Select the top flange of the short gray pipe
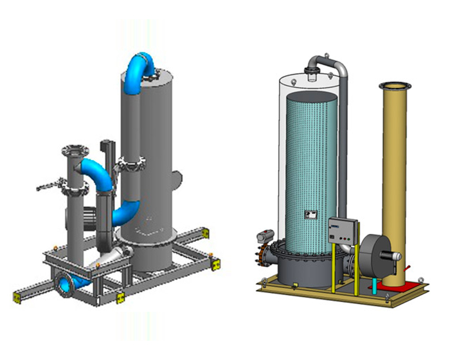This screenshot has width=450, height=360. [74, 152]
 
